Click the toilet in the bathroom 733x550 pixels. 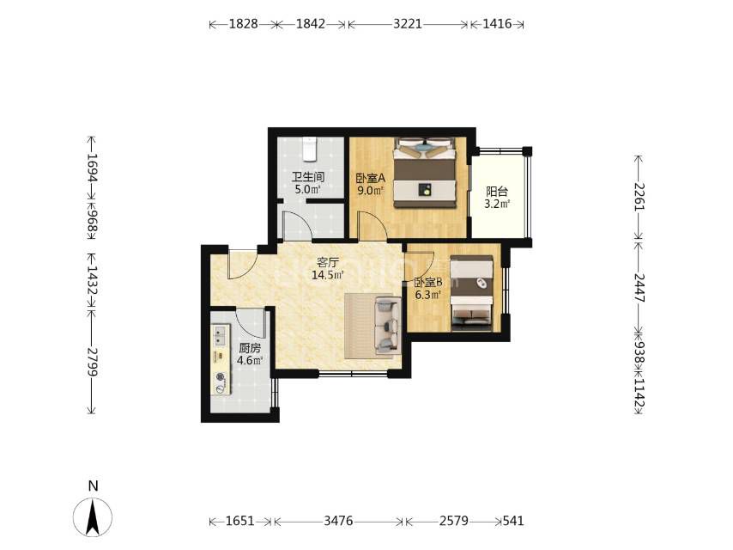310,148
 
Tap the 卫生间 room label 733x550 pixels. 308,177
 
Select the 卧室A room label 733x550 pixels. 370,179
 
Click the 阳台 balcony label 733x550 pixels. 496,192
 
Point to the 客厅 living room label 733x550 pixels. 328,262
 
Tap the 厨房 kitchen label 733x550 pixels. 250,348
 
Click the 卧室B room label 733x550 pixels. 428,282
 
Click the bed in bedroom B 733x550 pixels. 472,293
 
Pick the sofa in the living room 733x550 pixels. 388,327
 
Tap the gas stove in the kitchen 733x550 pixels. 221,382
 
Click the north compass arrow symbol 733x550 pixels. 93,516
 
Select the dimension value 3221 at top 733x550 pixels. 407,24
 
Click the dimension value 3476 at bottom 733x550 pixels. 338,521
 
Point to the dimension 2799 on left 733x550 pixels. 92,363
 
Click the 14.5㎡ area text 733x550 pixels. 328,275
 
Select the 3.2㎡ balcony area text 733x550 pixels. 496,204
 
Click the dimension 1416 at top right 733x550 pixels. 497,24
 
